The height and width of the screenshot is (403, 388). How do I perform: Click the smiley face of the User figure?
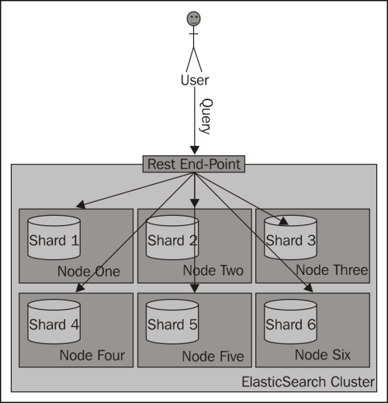(194, 19)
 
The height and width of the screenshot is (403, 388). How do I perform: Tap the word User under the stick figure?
(195, 80)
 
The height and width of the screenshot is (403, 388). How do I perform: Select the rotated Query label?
(206, 116)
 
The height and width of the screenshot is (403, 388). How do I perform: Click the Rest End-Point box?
(194, 164)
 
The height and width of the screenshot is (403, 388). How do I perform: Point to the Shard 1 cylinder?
(54, 238)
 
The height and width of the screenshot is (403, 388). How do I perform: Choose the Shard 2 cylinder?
(172, 238)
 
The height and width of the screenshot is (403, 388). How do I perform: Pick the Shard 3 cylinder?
(290, 238)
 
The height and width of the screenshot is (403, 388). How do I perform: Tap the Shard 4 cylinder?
(54, 321)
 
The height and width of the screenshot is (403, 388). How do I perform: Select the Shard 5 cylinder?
(172, 321)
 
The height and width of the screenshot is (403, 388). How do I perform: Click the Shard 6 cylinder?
(290, 321)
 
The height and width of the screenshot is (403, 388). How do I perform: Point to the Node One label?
(88, 271)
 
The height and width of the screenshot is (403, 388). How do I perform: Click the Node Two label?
(213, 270)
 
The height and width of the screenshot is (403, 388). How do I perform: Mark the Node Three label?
(332, 270)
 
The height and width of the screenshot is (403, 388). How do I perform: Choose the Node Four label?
(92, 355)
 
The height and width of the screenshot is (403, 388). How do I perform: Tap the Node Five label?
(213, 356)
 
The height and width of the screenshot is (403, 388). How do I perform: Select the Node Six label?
(323, 355)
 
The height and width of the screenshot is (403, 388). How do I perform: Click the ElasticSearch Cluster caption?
(308, 382)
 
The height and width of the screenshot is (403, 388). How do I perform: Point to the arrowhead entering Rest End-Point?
(195, 151)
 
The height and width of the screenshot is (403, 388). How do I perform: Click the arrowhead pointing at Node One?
(81, 204)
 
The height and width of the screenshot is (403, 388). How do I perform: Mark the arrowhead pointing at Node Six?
(309, 288)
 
